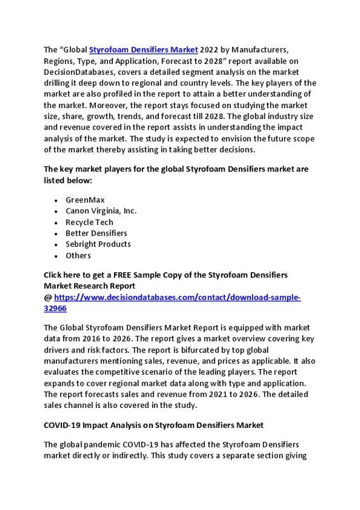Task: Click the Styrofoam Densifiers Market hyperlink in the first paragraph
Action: [x=143, y=50]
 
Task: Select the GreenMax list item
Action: [x=85, y=200]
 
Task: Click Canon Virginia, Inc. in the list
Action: [x=101, y=211]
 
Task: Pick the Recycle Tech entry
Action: [x=89, y=222]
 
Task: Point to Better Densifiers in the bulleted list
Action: [x=96, y=233]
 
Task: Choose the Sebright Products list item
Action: [x=98, y=244]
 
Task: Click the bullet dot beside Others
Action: [x=57, y=256]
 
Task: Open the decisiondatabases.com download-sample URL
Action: [x=177, y=297]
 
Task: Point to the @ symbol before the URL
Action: [x=48, y=297]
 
